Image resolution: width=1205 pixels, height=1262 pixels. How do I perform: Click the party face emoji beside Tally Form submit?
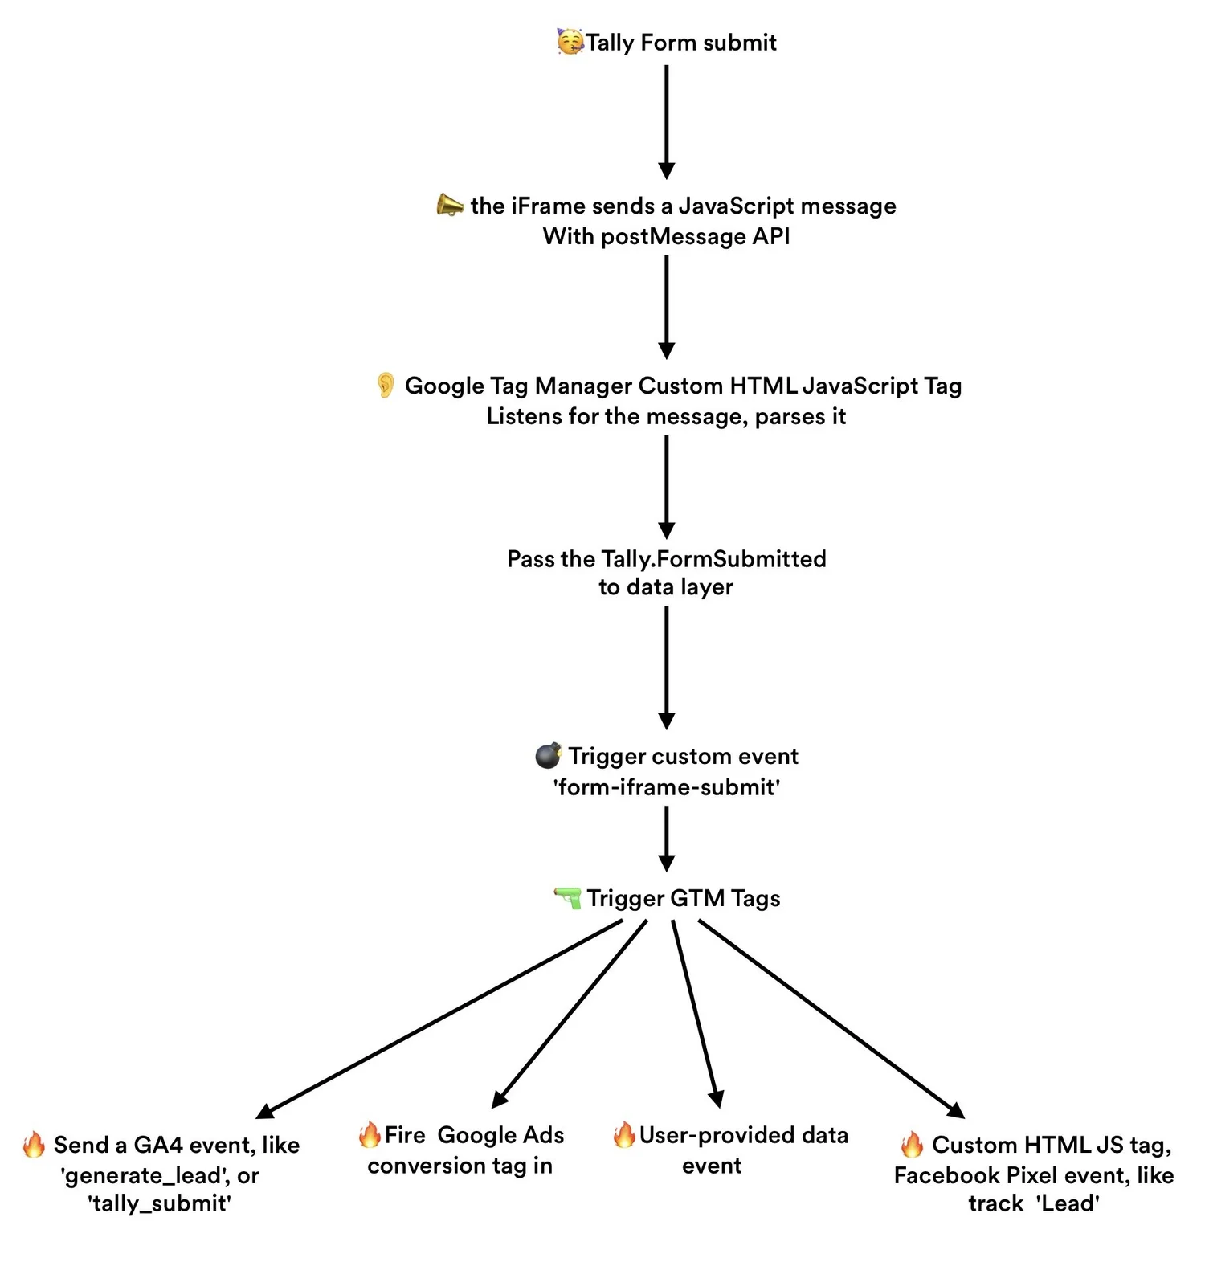(570, 41)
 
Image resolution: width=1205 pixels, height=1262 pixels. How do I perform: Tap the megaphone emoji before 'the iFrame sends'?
(450, 205)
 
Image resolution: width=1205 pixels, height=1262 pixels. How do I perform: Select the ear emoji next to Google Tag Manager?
(386, 386)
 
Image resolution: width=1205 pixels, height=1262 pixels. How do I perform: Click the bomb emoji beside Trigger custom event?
(549, 755)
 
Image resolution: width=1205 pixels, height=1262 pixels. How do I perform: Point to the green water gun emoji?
(568, 897)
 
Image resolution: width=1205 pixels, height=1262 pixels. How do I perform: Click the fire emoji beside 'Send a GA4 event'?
(34, 1144)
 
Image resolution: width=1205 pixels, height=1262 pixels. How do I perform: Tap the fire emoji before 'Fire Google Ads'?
(370, 1134)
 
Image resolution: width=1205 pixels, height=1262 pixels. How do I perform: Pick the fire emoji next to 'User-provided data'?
(624, 1134)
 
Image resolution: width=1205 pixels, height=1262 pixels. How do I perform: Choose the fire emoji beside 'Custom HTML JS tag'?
(912, 1144)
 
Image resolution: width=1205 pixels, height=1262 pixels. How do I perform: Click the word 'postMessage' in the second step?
(674, 237)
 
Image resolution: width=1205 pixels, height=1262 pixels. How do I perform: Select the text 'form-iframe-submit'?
(666, 787)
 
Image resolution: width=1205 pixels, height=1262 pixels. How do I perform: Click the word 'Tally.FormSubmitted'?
(713, 559)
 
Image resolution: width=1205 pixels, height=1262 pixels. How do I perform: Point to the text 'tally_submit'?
(160, 1203)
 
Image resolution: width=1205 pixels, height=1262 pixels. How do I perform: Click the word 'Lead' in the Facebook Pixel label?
(1068, 1203)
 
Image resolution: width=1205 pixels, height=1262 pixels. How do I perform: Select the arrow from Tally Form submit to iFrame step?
(666, 120)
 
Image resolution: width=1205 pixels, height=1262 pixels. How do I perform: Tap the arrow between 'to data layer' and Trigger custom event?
(666, 667)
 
